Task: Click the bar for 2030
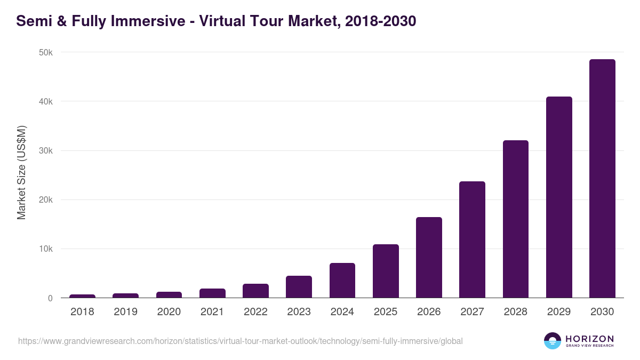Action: click(602, 179)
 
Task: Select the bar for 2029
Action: click(559, 197)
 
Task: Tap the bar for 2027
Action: click(472, 240)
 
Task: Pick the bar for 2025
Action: click(386, 271)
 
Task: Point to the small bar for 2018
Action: click(82, 296)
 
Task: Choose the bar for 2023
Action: click(299, 287)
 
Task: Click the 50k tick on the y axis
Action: click(46, 52)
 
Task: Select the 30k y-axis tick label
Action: click(46, 151)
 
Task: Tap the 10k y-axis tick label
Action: click(46, 249)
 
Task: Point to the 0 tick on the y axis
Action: click(50, 298)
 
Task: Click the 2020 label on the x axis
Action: click(169, 312)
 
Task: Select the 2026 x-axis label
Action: click(429, 312)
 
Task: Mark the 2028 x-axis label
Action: click(516, 312)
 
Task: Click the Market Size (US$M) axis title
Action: click(21, 173)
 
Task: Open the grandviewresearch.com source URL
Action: click(240, 341)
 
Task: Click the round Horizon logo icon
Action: click(553, 341)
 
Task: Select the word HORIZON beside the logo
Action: click(589, 339)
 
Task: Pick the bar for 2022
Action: click(255, 291)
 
